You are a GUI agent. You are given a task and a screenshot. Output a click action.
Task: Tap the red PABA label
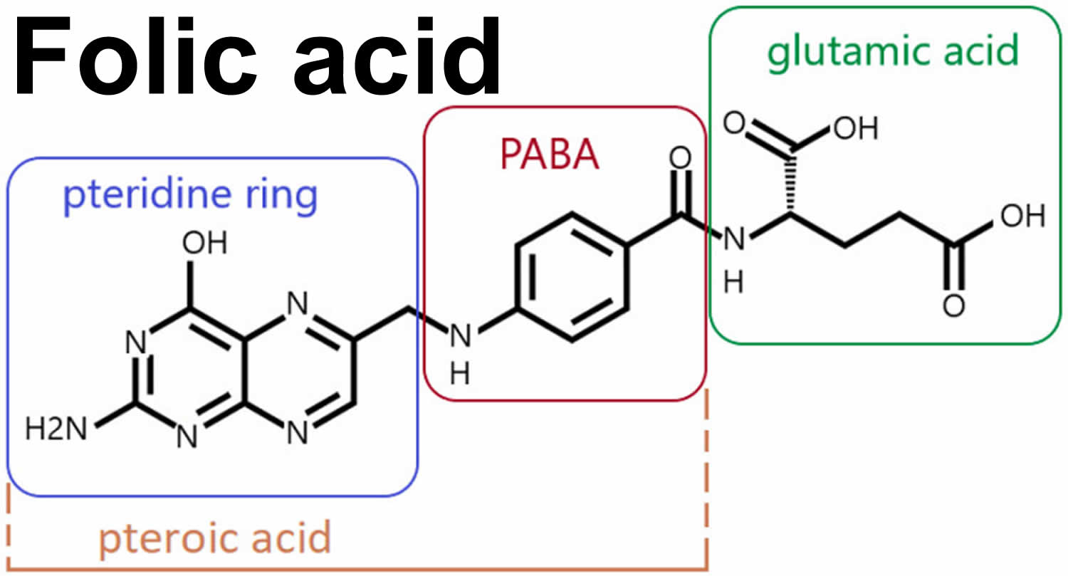click(x=549, y=155)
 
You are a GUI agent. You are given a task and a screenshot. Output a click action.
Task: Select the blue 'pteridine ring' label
click(x=190, y=196)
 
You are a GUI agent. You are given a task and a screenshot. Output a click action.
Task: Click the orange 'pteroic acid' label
click(x=214, y=538)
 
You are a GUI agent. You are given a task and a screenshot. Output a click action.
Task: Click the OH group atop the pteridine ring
click(x=204, y=244)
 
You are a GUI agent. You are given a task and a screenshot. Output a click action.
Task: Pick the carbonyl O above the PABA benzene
click(x=680, y=158)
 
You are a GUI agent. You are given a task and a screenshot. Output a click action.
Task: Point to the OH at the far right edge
click(x=1022, y=216)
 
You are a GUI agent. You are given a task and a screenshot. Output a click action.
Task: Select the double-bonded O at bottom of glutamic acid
click(x=953, y=305)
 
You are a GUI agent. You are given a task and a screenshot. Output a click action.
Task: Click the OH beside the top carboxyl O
click(x=854, y=128)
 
